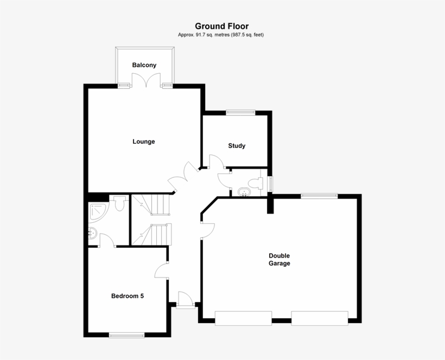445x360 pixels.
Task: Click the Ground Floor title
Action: point(222,26)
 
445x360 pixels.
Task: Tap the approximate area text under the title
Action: point(222,35)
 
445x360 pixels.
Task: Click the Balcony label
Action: point(144,65)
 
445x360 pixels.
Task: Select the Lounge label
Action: point(144,142)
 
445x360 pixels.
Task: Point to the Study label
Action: point(237,146)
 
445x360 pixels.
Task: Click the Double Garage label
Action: point(279,260)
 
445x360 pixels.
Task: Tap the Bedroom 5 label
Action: point(128,296)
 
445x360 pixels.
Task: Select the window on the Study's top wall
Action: point(240,112)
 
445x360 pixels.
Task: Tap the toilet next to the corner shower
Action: point(120,203)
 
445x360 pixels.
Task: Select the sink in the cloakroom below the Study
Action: point(242,191)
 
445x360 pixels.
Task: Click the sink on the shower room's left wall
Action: point(92,234)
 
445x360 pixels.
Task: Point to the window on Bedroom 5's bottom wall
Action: point(126,335)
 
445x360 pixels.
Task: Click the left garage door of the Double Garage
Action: point(243,318)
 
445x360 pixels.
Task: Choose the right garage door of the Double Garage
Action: point(320,318)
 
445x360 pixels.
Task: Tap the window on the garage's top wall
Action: point(320,196)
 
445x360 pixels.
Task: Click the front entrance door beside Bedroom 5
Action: point(185,300)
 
